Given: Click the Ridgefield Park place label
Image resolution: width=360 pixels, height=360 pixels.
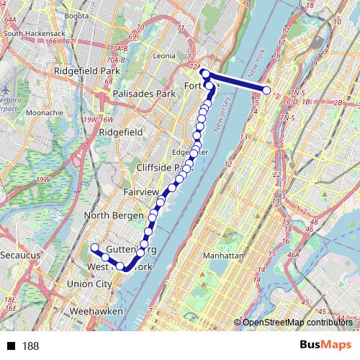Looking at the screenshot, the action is pos(86,72).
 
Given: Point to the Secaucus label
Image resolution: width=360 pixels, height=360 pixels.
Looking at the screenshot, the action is pos(20,256).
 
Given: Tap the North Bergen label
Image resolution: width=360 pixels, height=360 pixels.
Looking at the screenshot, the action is pos(115,215).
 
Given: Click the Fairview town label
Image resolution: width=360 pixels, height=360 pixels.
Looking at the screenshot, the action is pos(141,193).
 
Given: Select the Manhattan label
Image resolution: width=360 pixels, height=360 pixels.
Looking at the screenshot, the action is pos(224,256).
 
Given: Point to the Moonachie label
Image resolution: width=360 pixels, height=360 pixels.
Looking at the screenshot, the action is pos(45,113).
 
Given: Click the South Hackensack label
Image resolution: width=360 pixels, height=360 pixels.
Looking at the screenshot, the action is pos(35,33).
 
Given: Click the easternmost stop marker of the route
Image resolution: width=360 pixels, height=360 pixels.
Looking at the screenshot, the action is pos(267,90).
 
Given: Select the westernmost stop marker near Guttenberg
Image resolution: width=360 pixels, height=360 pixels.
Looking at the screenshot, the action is pos(94,248).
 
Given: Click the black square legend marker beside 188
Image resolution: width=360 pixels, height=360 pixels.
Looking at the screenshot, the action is pos(11,346).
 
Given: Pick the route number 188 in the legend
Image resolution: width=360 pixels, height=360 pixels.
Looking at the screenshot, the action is pos(30,346).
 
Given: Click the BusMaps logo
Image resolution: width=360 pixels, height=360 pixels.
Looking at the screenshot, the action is pos(326,346).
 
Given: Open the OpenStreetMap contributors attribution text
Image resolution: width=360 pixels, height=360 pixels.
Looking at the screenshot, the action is pos(298,322).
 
